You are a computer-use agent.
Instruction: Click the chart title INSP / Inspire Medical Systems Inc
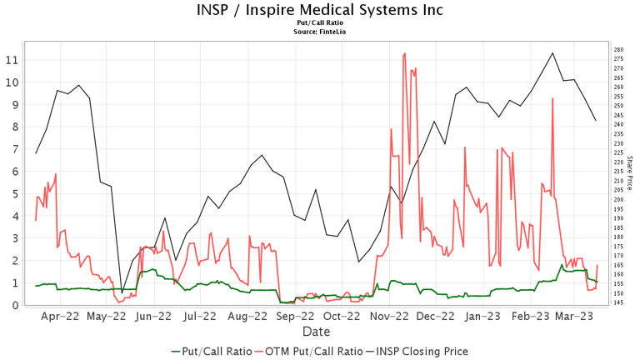pos(320,10)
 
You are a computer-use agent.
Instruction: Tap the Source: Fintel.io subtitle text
pos(320,32)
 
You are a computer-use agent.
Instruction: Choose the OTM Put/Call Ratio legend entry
pos(308,352)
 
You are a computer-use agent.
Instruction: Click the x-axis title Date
pos(316,332)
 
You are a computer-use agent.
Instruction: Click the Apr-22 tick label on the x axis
pos(60,317)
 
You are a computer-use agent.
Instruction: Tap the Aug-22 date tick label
pos(248,317)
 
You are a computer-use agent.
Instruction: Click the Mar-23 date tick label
pos(574,317)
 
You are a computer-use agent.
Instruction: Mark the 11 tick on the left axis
pos(11,60)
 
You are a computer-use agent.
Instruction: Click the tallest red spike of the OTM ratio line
pos(405,53)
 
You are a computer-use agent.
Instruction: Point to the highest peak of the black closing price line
pos(552,53)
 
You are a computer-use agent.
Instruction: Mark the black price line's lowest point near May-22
pos(122,292)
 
